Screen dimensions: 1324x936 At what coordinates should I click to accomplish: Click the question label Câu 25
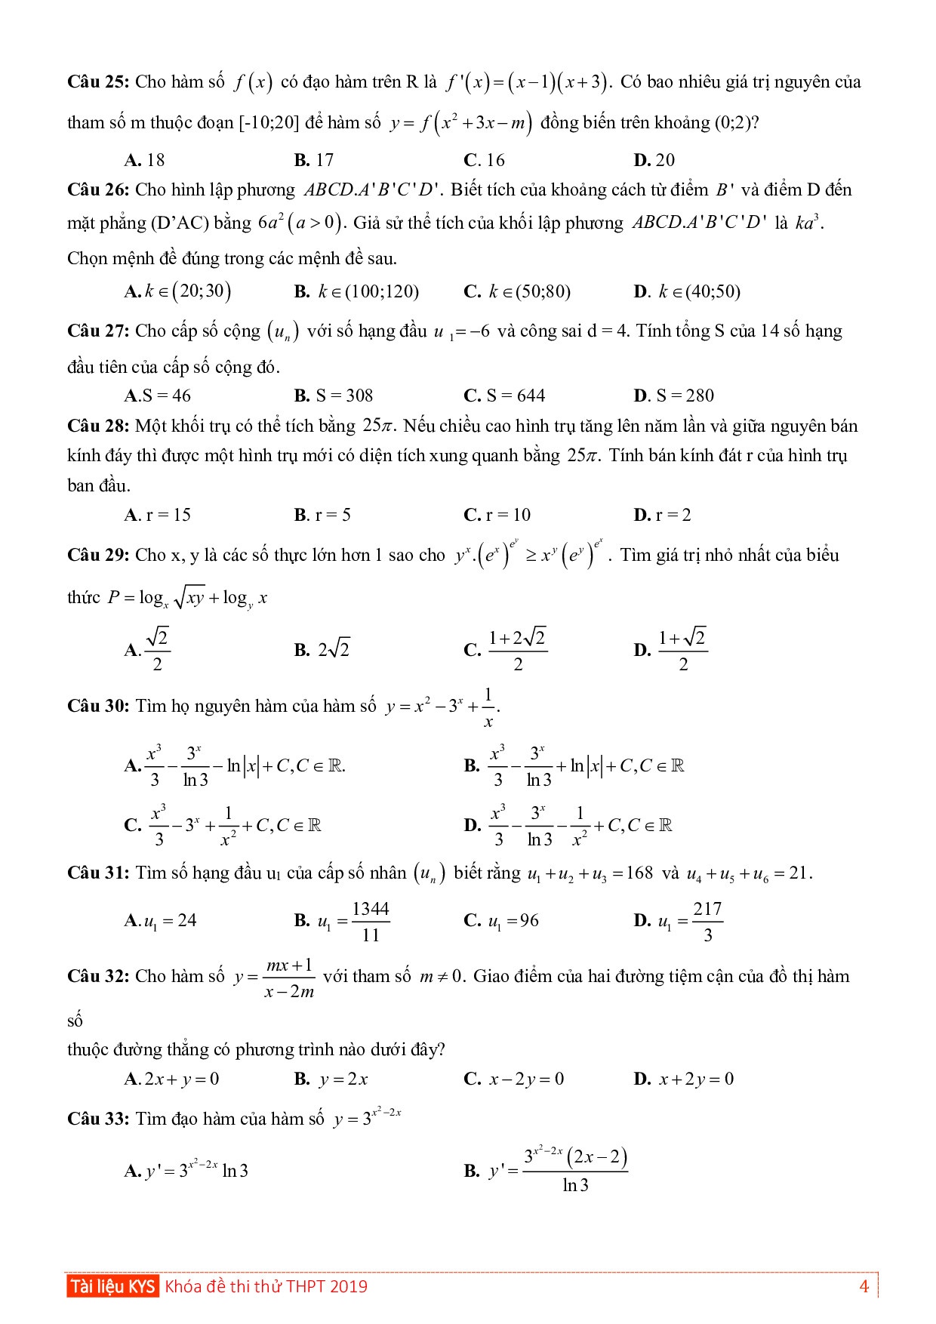[98, 82]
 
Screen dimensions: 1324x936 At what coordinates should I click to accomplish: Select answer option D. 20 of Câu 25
[654, 160]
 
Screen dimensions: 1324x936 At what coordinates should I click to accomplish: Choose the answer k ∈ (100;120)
[368, 292]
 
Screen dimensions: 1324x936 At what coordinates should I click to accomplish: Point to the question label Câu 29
[98, 556]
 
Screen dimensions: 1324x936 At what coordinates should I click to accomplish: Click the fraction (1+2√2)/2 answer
[517, 650]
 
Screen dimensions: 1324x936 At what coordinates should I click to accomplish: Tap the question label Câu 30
[98, 707]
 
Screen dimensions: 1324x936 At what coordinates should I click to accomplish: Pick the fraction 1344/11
[371, 921]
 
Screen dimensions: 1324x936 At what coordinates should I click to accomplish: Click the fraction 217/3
[707, 921]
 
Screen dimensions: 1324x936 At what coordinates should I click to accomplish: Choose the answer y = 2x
[343, 1079]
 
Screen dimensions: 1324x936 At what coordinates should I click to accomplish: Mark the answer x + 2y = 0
[695, 1079]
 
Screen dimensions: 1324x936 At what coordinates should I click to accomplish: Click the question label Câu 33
[98, 1119]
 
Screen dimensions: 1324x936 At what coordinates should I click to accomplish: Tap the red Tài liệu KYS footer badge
[112, 1286]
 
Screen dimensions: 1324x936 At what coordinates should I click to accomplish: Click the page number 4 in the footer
[864, 1286]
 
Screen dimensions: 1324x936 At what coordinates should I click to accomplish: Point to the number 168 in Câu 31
[639, 874]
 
